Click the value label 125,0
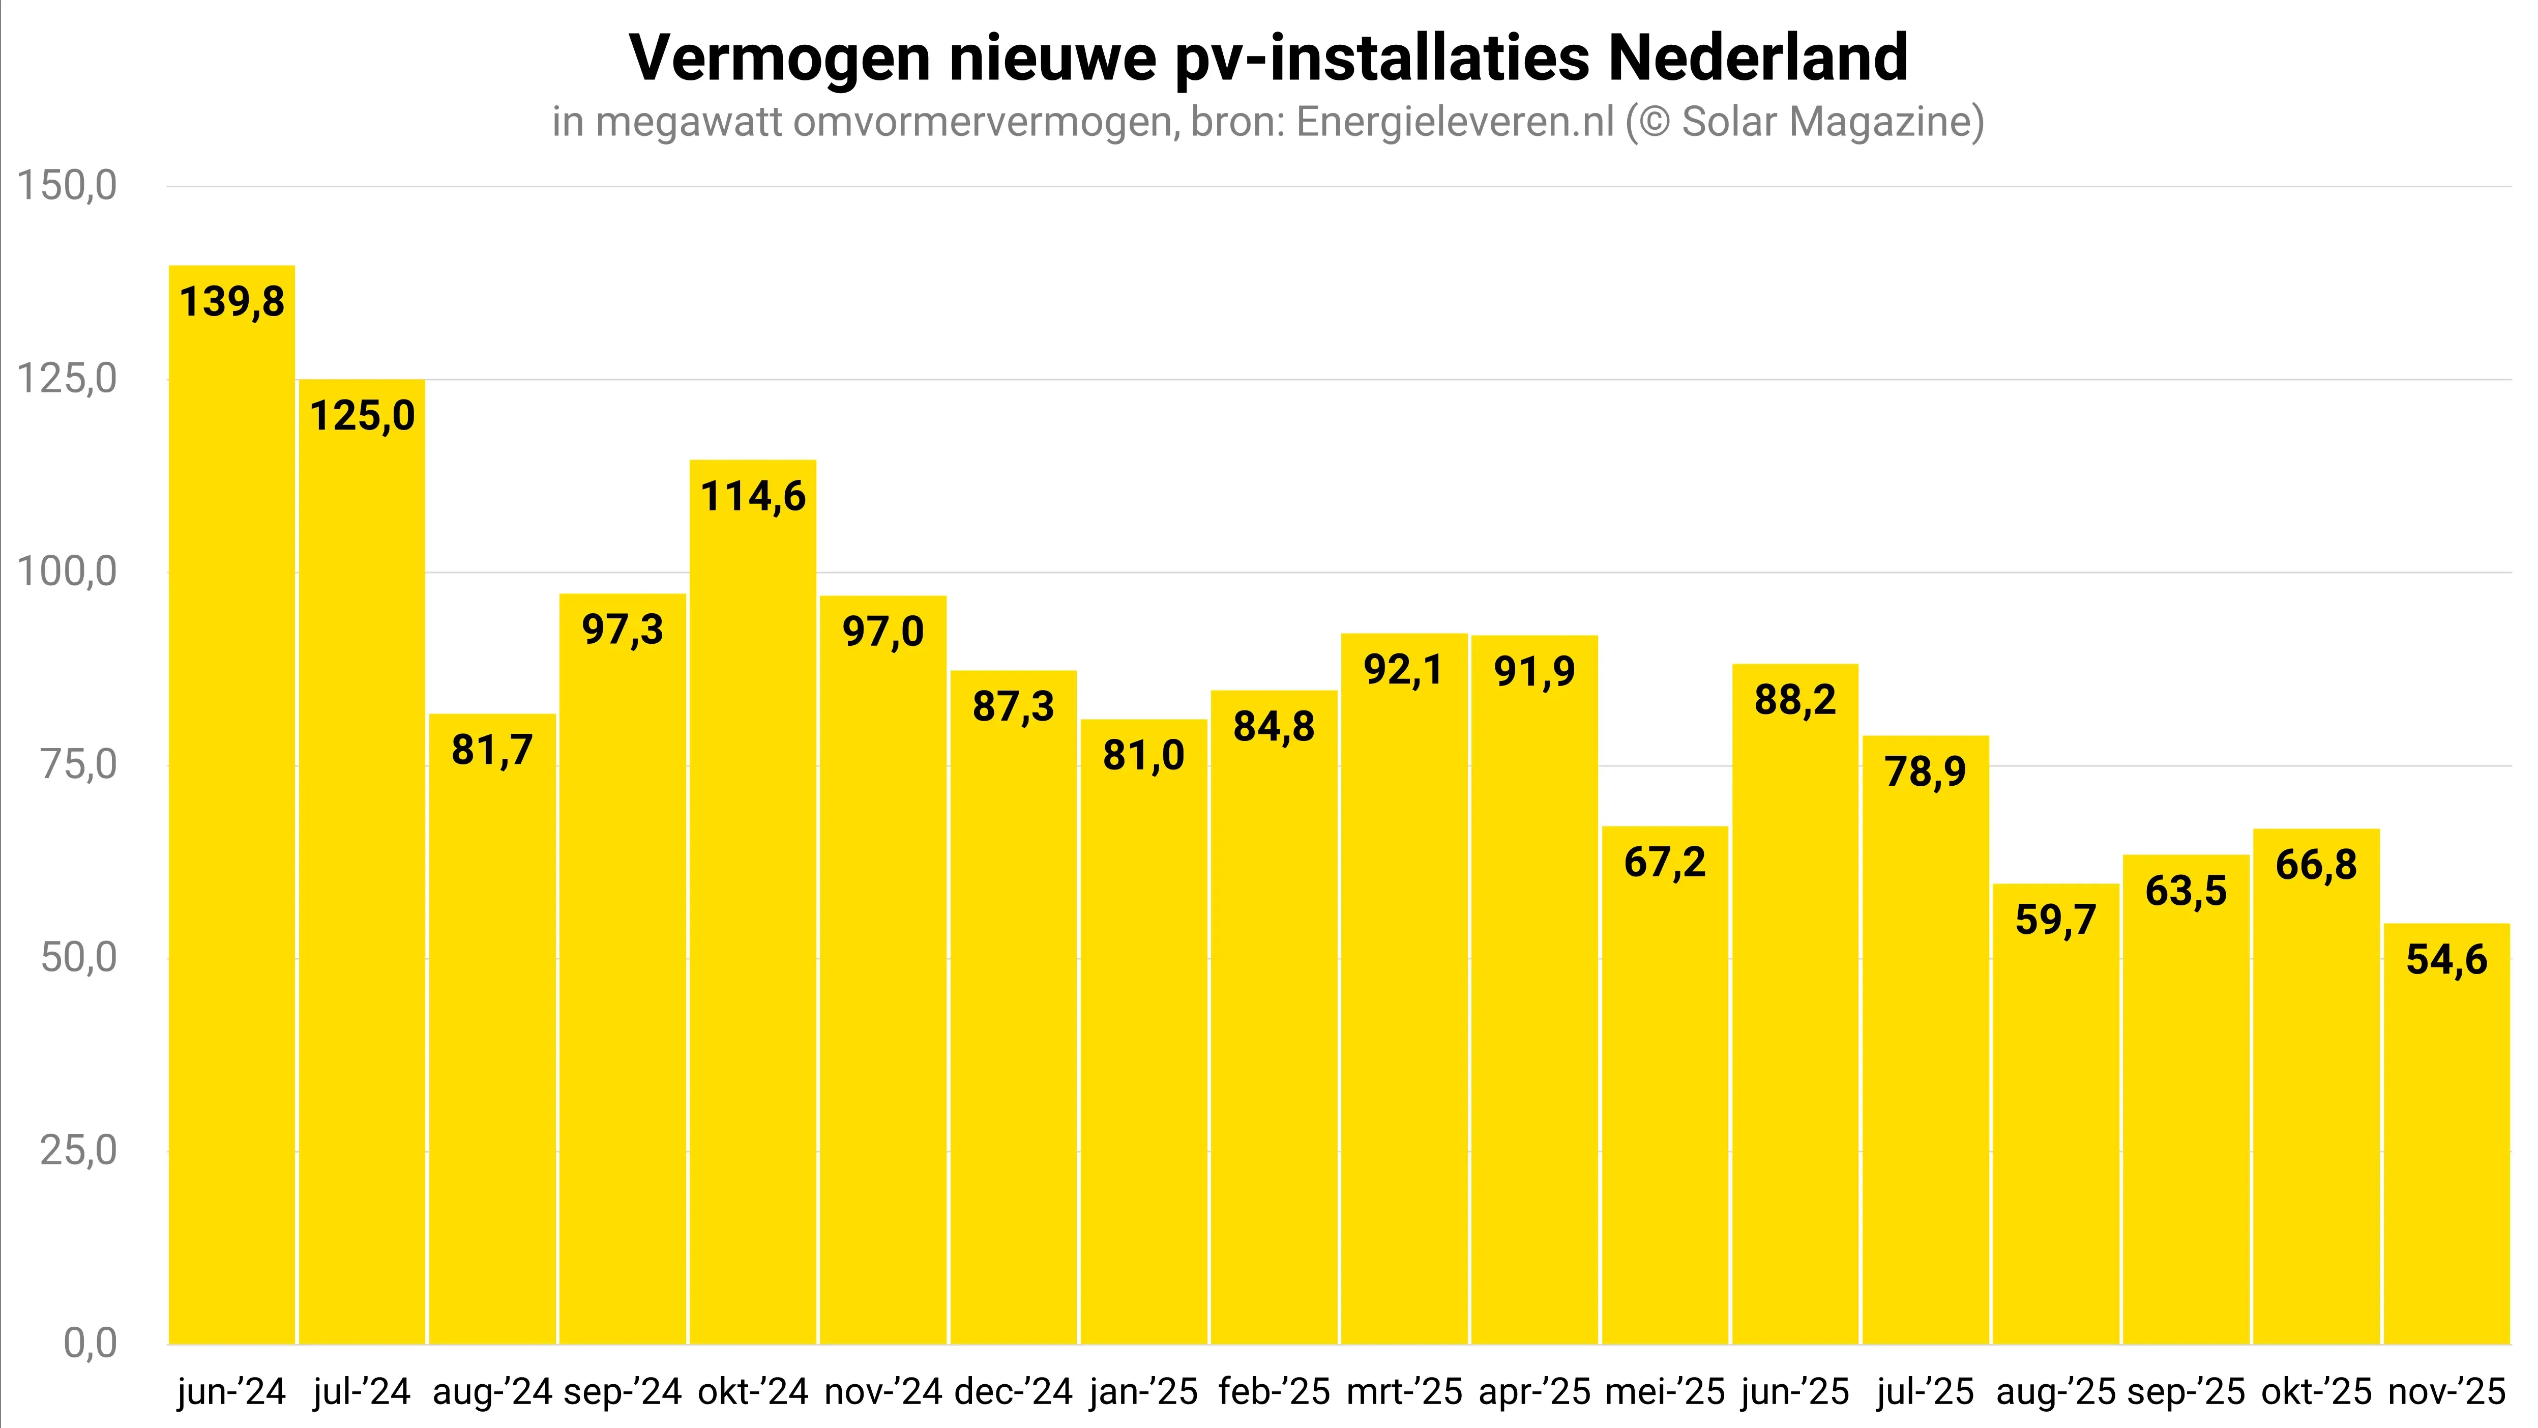tap(363, 416)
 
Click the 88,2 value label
tap(1795, 700)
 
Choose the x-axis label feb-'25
tap(1274, 1391)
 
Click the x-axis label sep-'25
tap(2186, 1391)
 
